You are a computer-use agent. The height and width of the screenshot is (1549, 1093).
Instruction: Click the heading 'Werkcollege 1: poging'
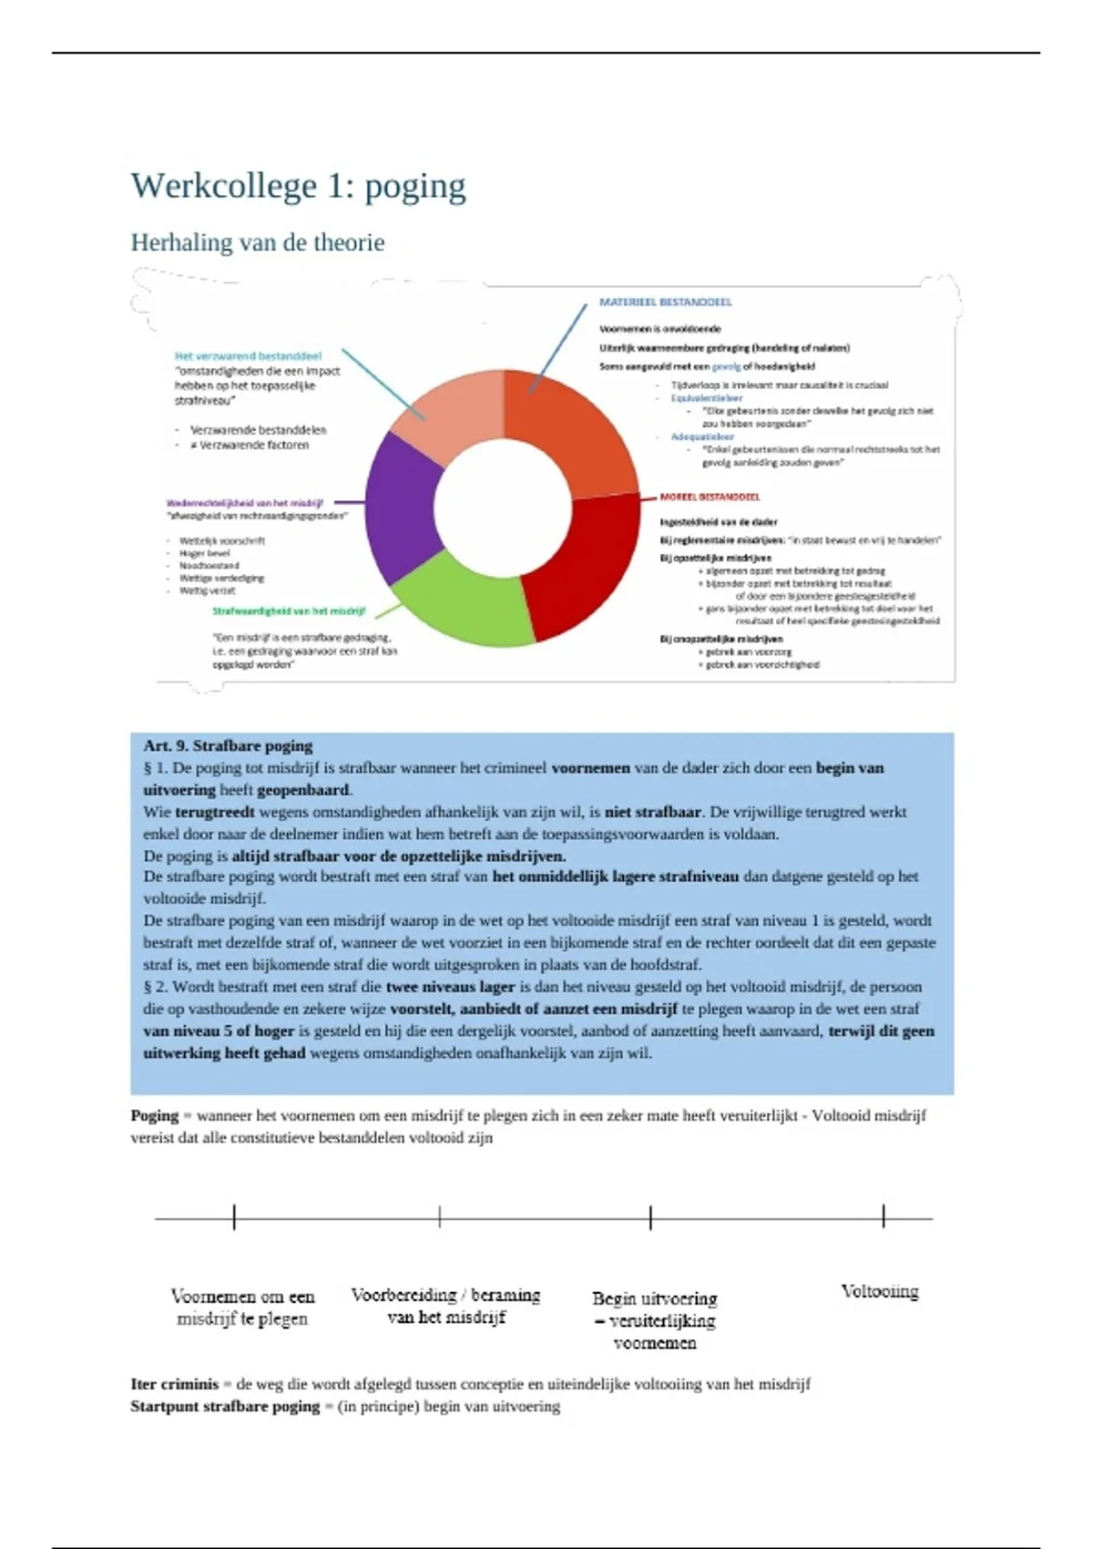pyautogui.click(x=298, y=186)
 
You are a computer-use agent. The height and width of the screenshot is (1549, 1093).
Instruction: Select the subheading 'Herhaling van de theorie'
pyautogui.click(x=257, y=242)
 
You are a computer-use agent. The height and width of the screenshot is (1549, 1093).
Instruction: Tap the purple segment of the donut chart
pyautogui.click(x=401, y=507)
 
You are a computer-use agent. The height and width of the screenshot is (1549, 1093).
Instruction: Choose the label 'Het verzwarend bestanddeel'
pyautogui.click(x=248, y=356)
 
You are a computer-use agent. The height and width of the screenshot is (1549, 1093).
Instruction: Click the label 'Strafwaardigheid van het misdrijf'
pyautogui.click(x=289, y=611)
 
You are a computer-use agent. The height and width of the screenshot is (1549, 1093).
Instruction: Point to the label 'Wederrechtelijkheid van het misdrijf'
pyautogui.click(x=244, y=503)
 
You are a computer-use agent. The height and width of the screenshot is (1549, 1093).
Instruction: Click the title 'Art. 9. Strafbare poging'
pyautogui.click(x=228, y=745)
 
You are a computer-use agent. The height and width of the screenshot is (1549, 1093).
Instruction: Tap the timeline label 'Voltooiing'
pyautogui.click(x=880, y=1291)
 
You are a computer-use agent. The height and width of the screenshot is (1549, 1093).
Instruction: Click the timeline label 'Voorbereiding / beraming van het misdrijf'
pyautogui.click(x=445, y=1306)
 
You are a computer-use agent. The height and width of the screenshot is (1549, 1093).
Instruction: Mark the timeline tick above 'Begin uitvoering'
pyautogui.click(x=650, y=1217)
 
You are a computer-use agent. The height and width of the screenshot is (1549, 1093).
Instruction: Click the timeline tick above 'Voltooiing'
pyautogui.click(x=883, y=1216)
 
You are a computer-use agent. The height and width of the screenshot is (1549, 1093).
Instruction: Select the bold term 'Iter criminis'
pyautogui.click(x=174, y=1384)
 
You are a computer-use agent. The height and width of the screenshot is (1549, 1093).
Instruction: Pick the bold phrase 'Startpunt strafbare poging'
pyautogui.click(x=224, y=1406)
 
